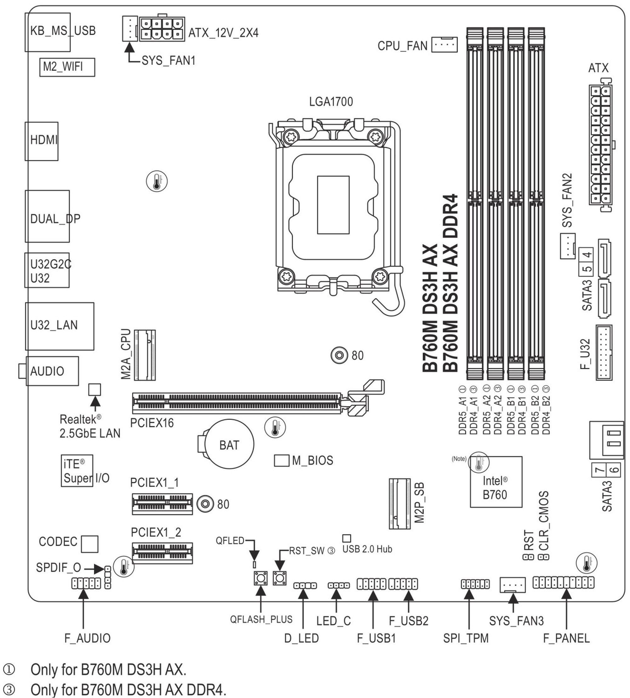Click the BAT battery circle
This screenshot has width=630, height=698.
tap(229, 444)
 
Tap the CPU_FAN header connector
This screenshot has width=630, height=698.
tap(444, 45)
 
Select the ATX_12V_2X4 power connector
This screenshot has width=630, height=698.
tap(162, 29)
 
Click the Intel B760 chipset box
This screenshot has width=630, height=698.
tap(496, 482)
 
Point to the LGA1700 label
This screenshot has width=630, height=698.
tap(331, 102)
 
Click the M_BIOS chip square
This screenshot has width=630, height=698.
tap(281, 460)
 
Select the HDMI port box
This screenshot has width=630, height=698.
tap(42, 141)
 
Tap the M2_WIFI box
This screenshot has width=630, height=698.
tap(67, 67)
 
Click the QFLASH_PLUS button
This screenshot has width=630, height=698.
tap(261, 578)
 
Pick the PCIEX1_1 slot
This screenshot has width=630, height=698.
tap(162, 504)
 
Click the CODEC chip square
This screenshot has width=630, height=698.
tap(90, 544)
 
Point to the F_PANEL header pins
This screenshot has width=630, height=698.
tap(563, 582)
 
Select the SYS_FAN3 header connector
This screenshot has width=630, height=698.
tap(512, 585)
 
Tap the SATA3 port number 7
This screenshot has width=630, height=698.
tap(599, 470)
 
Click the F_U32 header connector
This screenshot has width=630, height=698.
tap(604, 352)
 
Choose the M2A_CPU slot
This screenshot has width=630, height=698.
tap(145, 355)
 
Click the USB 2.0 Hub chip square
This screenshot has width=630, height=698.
tap(346, 538)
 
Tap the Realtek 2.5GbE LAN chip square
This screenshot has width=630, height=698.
tap(95, 389)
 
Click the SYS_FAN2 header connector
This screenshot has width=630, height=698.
tap(567, 246)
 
